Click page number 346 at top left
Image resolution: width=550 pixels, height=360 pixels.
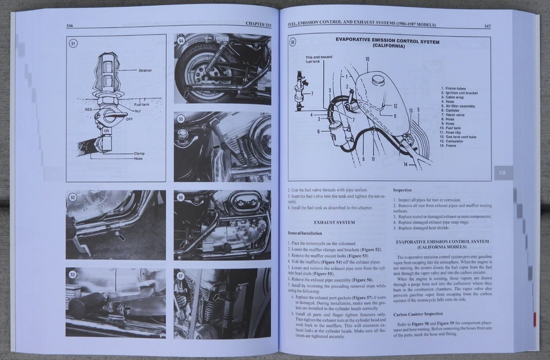tap(70, 26)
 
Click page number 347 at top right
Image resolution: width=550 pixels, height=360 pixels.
tap(486, 26)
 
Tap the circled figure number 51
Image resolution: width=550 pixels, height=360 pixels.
tap(73, 43)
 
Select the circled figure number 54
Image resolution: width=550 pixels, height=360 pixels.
tap(181, 41)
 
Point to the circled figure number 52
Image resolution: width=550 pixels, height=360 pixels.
tap(73, 198)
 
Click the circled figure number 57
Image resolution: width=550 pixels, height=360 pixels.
tap(181, 276)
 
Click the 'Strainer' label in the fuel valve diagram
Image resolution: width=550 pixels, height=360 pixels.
tap(144, 71)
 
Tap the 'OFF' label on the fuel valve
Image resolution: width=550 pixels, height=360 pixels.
tap(129, 119)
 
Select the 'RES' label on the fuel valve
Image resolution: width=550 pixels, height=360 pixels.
tap(89, 109)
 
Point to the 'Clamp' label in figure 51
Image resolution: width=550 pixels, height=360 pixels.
tap(139, 153)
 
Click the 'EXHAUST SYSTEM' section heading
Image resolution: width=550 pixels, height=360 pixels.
tap(334, 222)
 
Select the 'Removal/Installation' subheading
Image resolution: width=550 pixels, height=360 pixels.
tap(306, 233)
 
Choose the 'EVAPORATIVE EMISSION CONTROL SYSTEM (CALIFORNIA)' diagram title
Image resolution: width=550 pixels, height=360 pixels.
tap(388, 44)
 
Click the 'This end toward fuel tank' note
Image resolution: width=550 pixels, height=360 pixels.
tap(319, 60)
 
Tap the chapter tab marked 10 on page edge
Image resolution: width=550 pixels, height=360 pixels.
tap(500, 172)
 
